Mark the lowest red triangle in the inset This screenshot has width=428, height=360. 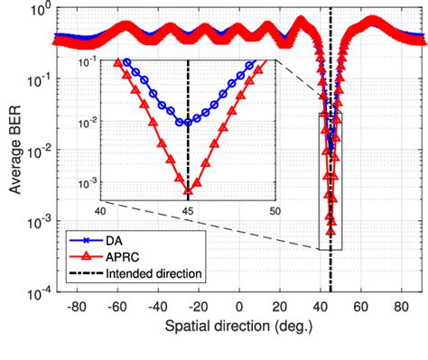pyautogui.click(x=188, y=190)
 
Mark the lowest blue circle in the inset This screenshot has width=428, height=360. pyautogui.click(x=188, y=122)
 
